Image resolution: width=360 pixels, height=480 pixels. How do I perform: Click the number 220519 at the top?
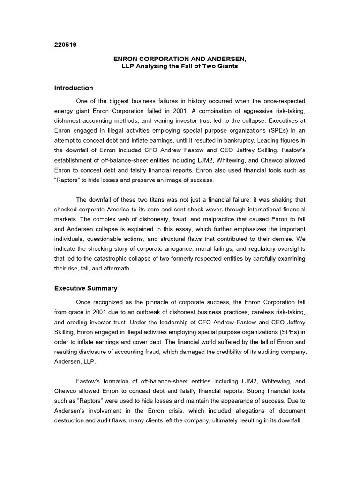(66, 45)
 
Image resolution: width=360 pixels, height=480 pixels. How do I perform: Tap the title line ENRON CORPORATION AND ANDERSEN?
(180, 59)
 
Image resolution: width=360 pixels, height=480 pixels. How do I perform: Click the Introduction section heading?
(74, 88)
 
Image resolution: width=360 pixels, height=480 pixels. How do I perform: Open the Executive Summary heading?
(86, 288)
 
